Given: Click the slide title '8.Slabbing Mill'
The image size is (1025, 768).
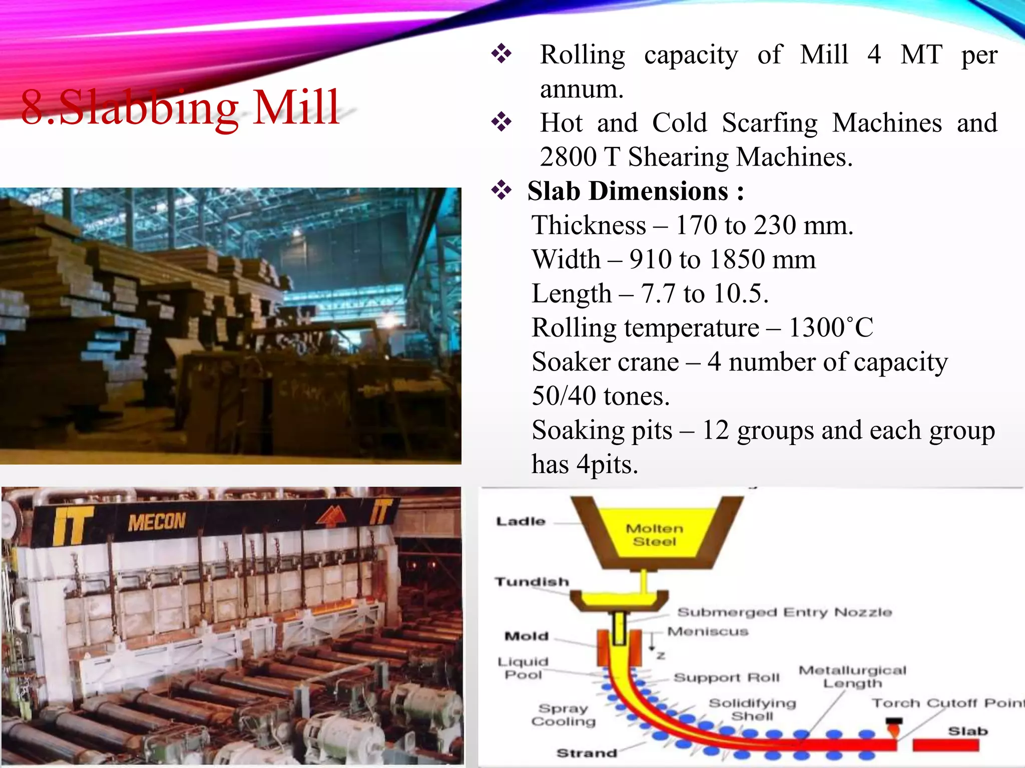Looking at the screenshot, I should click(180, 107).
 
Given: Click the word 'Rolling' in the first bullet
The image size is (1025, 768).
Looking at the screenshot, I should click(583, 55).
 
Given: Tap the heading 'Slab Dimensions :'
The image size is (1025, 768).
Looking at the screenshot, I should click(636, 191).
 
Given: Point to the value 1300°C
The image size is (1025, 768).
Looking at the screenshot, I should click(831, 328).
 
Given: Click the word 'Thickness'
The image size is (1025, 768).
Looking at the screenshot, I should click(589, 225).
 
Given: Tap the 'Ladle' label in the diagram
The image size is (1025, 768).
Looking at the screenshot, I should click(521, 521).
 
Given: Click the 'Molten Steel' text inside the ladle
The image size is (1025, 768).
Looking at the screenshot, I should click(654, 535).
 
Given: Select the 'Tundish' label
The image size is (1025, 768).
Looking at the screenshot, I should click(532, 582).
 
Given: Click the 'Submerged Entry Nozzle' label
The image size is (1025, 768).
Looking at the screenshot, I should click(784, 612).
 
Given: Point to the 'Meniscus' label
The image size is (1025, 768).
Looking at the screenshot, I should click(708, 631).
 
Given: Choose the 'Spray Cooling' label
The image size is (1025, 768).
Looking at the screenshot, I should click(564, 715).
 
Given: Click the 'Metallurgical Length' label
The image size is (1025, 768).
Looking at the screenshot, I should click(852, 676).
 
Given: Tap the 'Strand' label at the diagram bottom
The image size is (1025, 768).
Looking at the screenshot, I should click(587, 753).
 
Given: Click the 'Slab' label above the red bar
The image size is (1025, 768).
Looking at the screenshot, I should click(968, 731).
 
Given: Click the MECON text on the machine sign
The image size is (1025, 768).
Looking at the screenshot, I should click(157, 522).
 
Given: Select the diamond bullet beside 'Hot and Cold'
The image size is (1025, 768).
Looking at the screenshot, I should click(501, 122).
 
